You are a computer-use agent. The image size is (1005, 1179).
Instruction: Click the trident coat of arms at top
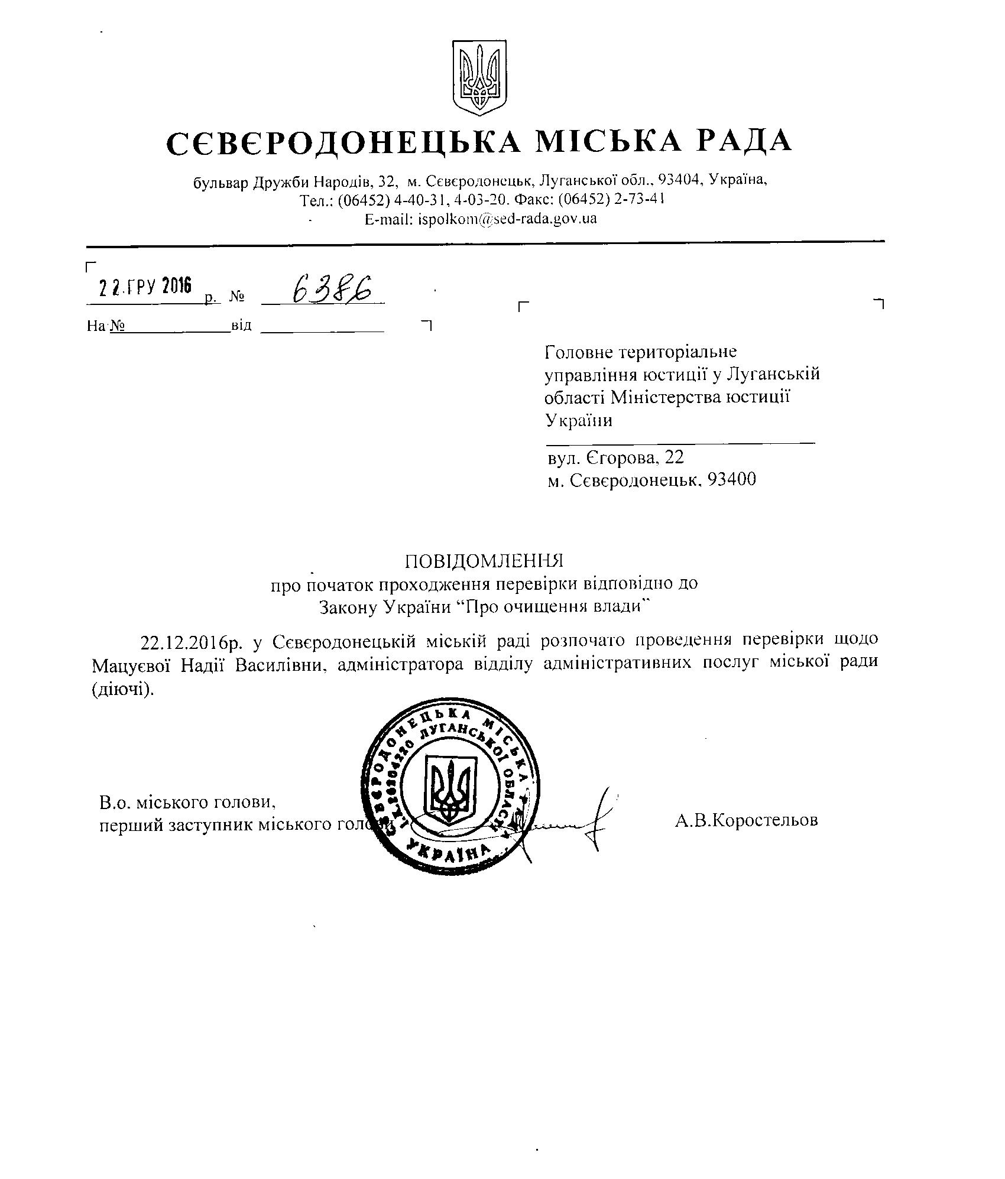(x=479, y=77)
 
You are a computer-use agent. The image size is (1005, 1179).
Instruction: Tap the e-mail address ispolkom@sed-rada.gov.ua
(x=507, y=219)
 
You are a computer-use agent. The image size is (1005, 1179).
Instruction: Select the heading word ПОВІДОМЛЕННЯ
(x=484, y=559)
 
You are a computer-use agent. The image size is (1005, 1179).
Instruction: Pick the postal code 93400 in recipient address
(x=731, y=479)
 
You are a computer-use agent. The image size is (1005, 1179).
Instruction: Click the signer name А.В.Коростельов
(x=746, y=820)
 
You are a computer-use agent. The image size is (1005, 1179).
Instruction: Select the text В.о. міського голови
(x=187, y=803)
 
